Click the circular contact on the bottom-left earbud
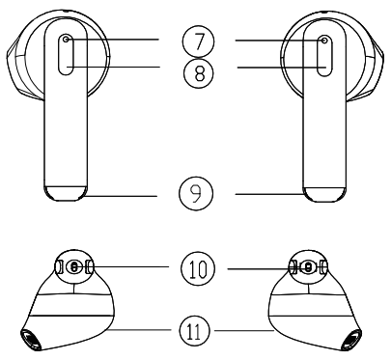point(73,267)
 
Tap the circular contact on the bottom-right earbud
point(307,267)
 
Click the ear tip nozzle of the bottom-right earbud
point(357,339)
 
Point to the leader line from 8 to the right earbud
point(280,66)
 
